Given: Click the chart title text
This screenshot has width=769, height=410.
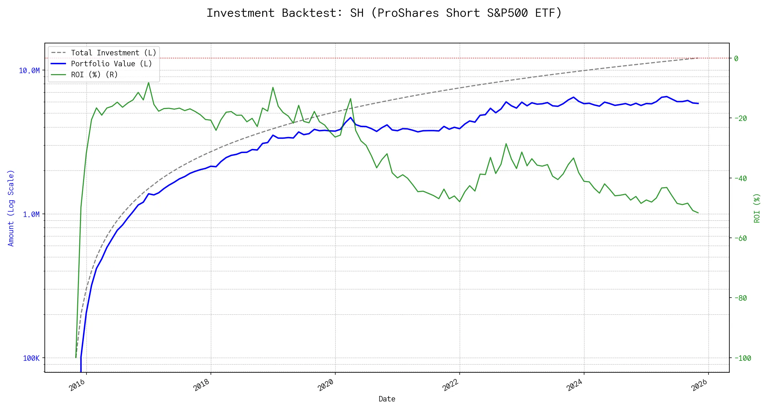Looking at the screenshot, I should point(384,13).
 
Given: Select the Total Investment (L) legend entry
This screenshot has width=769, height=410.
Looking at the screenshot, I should point(113,53).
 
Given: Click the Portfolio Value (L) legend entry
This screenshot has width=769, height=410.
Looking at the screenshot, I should point(111,64).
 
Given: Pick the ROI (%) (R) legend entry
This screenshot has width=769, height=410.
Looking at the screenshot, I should point(94,74).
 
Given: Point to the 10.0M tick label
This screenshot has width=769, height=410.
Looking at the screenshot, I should point(29,71).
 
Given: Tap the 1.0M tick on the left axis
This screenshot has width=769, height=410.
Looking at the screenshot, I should point(31,215).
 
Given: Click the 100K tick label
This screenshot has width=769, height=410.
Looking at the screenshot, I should point(31,358).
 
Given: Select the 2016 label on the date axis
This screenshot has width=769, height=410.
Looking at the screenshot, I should point(77,385).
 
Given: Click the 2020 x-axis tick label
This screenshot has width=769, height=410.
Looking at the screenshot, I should point(326,385).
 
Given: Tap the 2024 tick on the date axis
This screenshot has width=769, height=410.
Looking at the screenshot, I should point(575,385).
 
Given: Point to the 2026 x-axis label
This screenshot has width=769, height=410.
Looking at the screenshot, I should point(699,385).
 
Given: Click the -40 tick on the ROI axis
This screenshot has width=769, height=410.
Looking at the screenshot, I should point(742,178).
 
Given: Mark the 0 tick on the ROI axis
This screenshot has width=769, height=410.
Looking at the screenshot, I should point(736,58).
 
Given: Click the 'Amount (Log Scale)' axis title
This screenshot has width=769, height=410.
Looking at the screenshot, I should point(11,208).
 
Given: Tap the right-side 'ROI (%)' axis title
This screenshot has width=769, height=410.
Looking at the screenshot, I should point(757,208).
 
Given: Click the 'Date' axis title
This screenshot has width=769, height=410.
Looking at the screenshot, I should point(387,399).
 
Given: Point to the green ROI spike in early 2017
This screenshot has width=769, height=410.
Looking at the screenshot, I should point(148,83).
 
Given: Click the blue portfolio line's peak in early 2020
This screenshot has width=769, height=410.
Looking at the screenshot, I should point(350,118).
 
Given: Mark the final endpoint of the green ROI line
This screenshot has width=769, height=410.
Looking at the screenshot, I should point(698,213).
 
